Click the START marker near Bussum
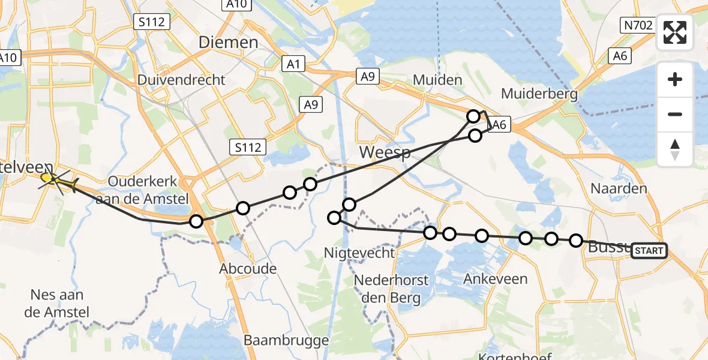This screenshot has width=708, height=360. coord(649,251)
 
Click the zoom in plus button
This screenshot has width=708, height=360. coord(675,80)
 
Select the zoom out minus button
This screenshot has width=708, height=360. coord(675,114)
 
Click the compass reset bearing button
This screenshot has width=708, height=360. coord(675,149)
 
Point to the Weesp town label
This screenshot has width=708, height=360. coord(385,152)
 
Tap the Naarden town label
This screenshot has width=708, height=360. coord(619,188)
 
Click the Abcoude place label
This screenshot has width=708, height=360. coord(248,268)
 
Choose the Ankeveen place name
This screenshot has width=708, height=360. coord(495,278)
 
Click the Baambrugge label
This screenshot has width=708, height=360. coord(286,341)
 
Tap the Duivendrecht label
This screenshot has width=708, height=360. coord(181,80)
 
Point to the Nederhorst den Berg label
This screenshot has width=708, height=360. coord(391,289)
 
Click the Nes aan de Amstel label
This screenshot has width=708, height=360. coord(59,303)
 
